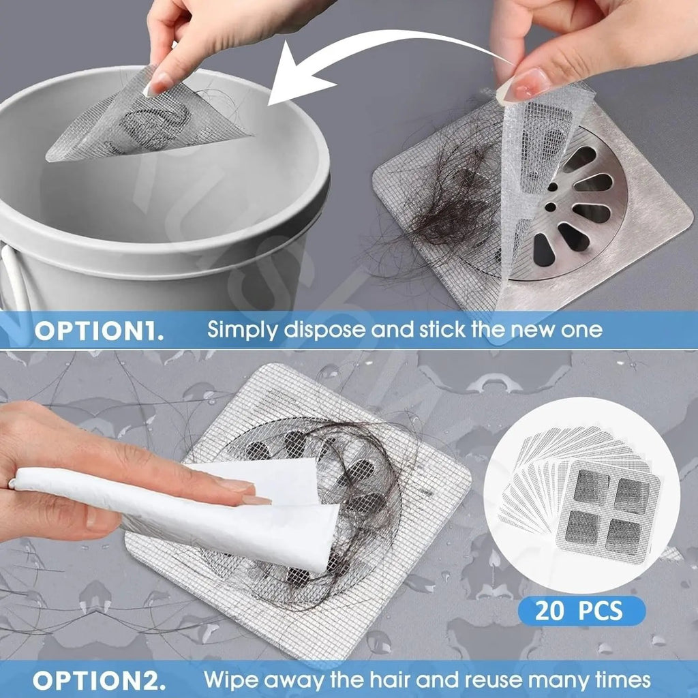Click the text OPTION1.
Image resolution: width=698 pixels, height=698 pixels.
(99, 331)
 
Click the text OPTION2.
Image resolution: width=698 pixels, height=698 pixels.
(99, 680)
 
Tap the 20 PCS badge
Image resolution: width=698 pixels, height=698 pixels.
(581, 611)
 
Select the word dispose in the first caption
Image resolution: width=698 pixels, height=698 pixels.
(319, 331)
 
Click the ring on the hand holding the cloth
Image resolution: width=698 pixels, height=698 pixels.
(12, 483)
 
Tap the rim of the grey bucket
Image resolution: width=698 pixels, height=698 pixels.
(204, 225)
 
